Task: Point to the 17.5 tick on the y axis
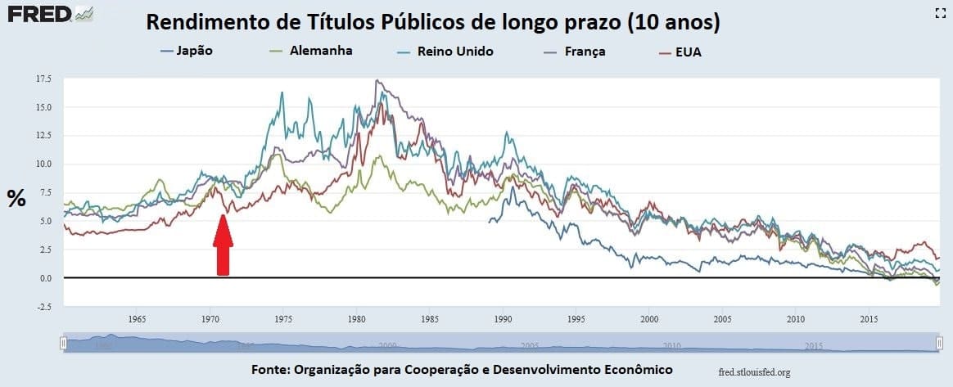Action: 43,79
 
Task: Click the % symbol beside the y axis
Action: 16,198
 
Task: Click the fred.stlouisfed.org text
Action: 752,372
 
